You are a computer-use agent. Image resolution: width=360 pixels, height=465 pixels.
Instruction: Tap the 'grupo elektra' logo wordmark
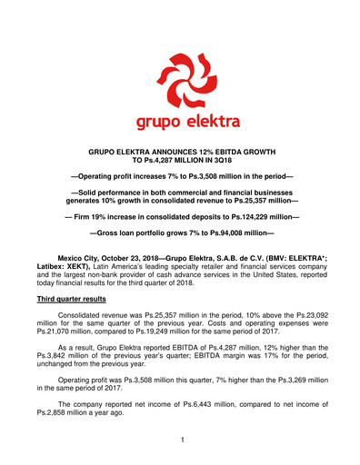pyautogui.click(x=182, y=120)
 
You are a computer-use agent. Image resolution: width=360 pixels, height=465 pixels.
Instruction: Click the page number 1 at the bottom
pyautogui.click(x=182, y=440)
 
